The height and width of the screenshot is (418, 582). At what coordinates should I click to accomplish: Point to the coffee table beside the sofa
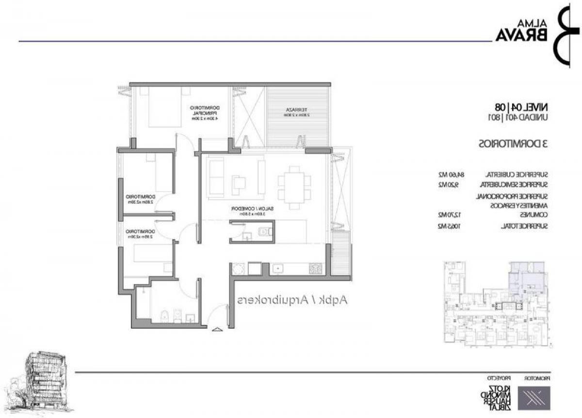239,182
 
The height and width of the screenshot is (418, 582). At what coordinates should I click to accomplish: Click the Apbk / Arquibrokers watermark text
291,300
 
